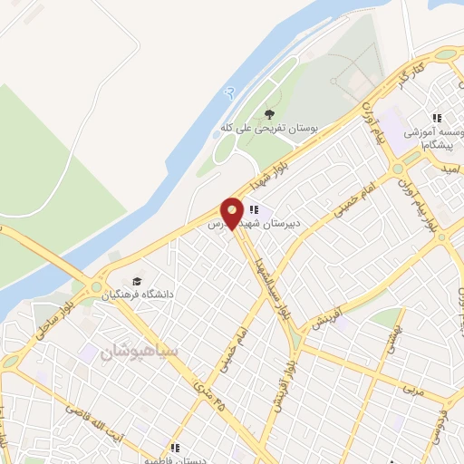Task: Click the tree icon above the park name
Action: (x=267, y=114)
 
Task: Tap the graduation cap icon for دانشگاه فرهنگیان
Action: (x=137, y=281)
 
